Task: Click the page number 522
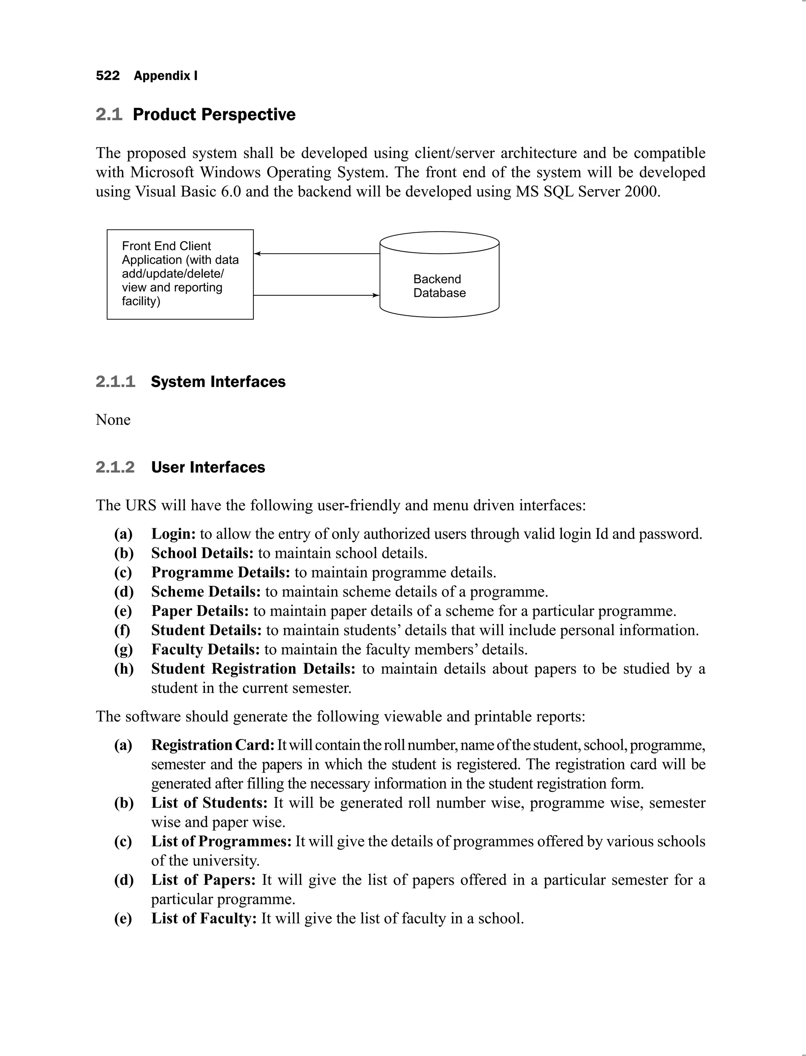tap(107, 76)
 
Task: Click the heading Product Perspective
tap(214, 115)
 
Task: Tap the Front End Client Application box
tap(180, 274)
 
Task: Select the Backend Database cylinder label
tap(439, 286)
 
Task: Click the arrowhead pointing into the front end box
tap(257, 254)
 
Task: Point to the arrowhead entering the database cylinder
tap(376, 295)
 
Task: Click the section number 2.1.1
tap(115, 382)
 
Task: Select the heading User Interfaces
tap(208, 467)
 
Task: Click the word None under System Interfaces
tap(113, 419)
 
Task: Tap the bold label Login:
tap(173, 534)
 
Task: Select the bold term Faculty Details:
tap(205, 649)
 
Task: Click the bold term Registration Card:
tap(213, 745)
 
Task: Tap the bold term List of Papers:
tap(203, 880)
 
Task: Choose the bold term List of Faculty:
tap(204, 918)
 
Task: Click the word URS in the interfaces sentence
tap(141, 506)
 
